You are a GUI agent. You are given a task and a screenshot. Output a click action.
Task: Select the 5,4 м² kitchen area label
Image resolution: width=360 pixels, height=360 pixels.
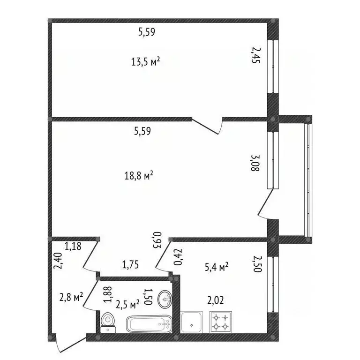[217, 267]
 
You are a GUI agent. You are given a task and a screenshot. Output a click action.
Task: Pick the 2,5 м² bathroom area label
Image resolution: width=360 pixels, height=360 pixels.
[128, 305]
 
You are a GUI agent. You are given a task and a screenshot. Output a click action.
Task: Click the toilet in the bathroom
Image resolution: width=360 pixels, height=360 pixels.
[107, 321]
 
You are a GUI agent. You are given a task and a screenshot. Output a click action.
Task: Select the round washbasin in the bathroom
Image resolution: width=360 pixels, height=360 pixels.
[165, 299]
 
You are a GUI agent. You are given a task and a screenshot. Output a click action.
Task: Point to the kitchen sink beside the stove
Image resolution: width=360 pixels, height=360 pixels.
[193, 322]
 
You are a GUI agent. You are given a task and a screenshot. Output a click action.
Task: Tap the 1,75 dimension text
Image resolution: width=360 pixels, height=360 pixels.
[131, 265]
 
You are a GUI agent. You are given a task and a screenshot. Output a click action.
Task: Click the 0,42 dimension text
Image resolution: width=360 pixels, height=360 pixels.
[178, 258]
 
